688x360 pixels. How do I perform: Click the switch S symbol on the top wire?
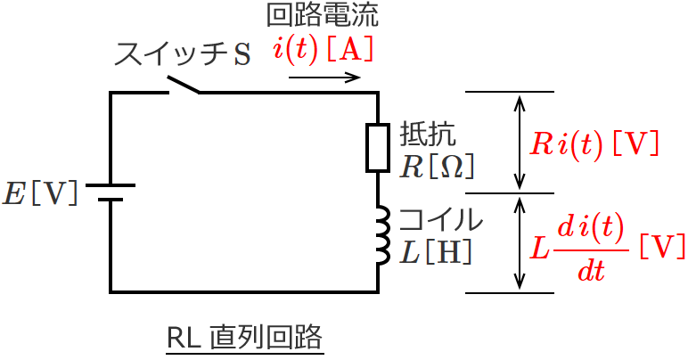[184, 86]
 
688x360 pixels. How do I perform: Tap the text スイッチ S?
[184, 54]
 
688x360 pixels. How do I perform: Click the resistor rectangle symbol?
[378, 147]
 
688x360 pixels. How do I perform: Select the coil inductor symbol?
[381, 236]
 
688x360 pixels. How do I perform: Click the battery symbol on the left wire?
[111, 192]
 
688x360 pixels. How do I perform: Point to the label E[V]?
[40, 193]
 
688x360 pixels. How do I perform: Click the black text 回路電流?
[322, 15]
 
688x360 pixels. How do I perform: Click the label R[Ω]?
[436, 166]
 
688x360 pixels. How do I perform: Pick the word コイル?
[440, 220]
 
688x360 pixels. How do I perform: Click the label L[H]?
[435, 252]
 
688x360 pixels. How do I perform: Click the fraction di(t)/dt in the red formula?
[591, 247]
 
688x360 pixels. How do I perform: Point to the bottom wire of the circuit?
[244, 291]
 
